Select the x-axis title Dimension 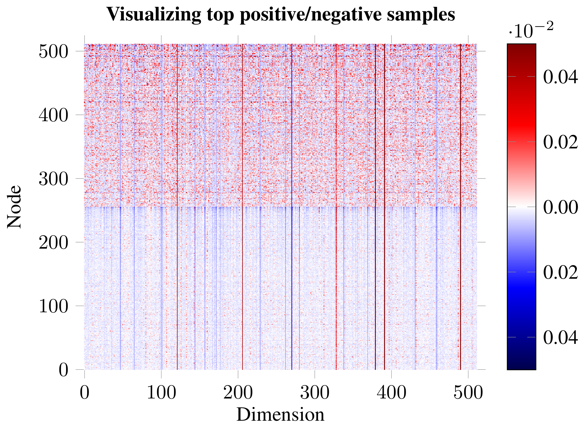(280, 415)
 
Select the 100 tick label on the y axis (53, 306)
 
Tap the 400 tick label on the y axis (53, 115)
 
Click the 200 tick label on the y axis (53, 243)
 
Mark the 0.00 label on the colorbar (560, 207)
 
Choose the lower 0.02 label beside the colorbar (560, 272)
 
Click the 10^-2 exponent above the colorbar (531, 31)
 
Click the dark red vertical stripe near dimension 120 (177, 205)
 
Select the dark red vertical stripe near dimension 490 (461, 205)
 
